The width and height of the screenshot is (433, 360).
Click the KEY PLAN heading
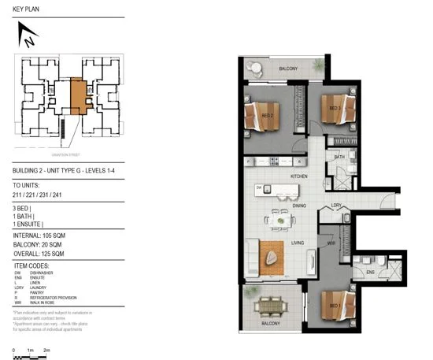click(28, 9)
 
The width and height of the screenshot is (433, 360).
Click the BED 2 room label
click(268, 116)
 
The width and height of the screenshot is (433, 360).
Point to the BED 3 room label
click(334, 108)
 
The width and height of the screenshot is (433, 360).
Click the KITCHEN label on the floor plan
click(298, 176)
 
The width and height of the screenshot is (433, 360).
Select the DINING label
click(298, 206)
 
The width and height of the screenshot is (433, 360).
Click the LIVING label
click(298, 244)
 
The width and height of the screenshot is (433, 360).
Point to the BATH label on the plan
click(339, 158)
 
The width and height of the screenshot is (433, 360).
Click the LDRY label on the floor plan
click(335, 206)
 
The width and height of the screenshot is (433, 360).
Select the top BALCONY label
click(287, 69)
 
